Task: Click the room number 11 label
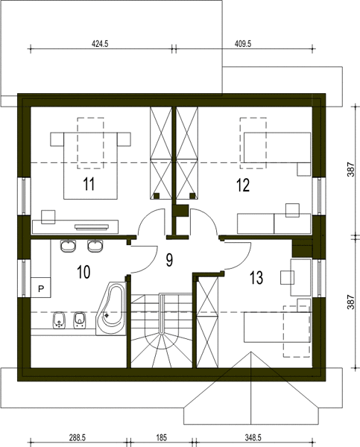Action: coord(89,184)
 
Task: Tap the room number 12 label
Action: coord(243,185)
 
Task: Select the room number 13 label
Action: coord(256,278)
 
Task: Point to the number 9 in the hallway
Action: coord(169,260)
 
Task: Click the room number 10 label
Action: coord(83,272)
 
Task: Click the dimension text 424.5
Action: coord(100,44)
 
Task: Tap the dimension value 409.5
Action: coord(243,44)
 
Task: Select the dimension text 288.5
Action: coord(78,437)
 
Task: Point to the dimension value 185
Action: coord(162,437)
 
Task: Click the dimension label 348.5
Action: coord(253,437)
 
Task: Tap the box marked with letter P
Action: coord(41,288)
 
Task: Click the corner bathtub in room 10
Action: coord(112,308)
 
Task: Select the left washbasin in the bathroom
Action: coord(69,246)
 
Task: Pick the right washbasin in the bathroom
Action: coord(95,246)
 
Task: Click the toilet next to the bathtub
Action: coord(79,320)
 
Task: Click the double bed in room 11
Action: coord(90,165)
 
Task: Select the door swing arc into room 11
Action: coord(148,217)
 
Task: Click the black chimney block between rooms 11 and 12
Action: coord(180,212)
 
